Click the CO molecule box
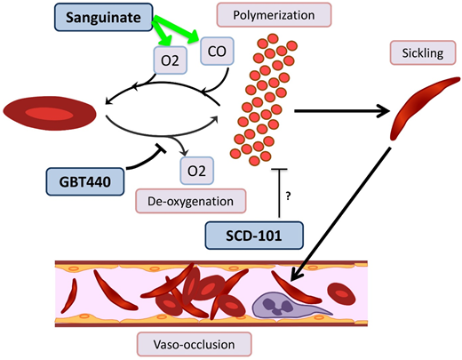(217, 52)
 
